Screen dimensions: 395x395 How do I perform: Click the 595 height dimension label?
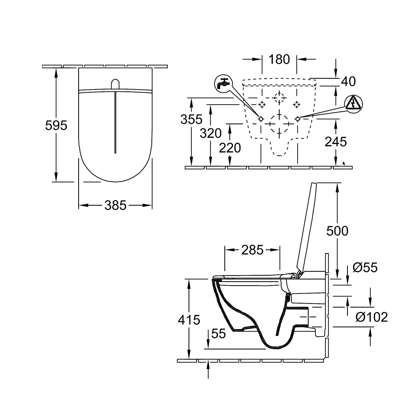(x=56, y=125)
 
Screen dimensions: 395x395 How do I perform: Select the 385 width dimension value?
(x=116, y=205)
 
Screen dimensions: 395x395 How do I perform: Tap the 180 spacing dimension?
(x=279, y=59)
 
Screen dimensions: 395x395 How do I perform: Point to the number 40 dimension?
(x=348, y=81)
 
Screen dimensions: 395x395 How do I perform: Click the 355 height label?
(x=191, y=119)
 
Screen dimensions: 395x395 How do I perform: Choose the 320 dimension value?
(x=211, y=134)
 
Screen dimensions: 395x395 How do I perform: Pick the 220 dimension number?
(x=230, y=148)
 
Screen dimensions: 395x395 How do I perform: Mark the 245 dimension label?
(x=336, y=142)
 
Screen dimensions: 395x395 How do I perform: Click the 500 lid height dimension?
(x=337, y=231)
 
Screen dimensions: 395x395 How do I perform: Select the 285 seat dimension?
(x=252, y=250)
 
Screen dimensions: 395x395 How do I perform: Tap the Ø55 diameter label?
(x=365, y=268)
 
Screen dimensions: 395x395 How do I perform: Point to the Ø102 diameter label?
(x=372, y=317)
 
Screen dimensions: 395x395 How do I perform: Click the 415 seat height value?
(x=189, y=320)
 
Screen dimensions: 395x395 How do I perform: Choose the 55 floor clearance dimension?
(x=219, y=334)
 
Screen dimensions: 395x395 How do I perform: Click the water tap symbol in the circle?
(x=223, y=82)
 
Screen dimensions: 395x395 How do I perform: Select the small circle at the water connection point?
(x=261, y=119)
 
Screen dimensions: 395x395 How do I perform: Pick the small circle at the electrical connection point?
(x=298, y=119)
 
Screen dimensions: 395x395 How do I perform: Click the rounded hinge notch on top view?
(x=115, y=84)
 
